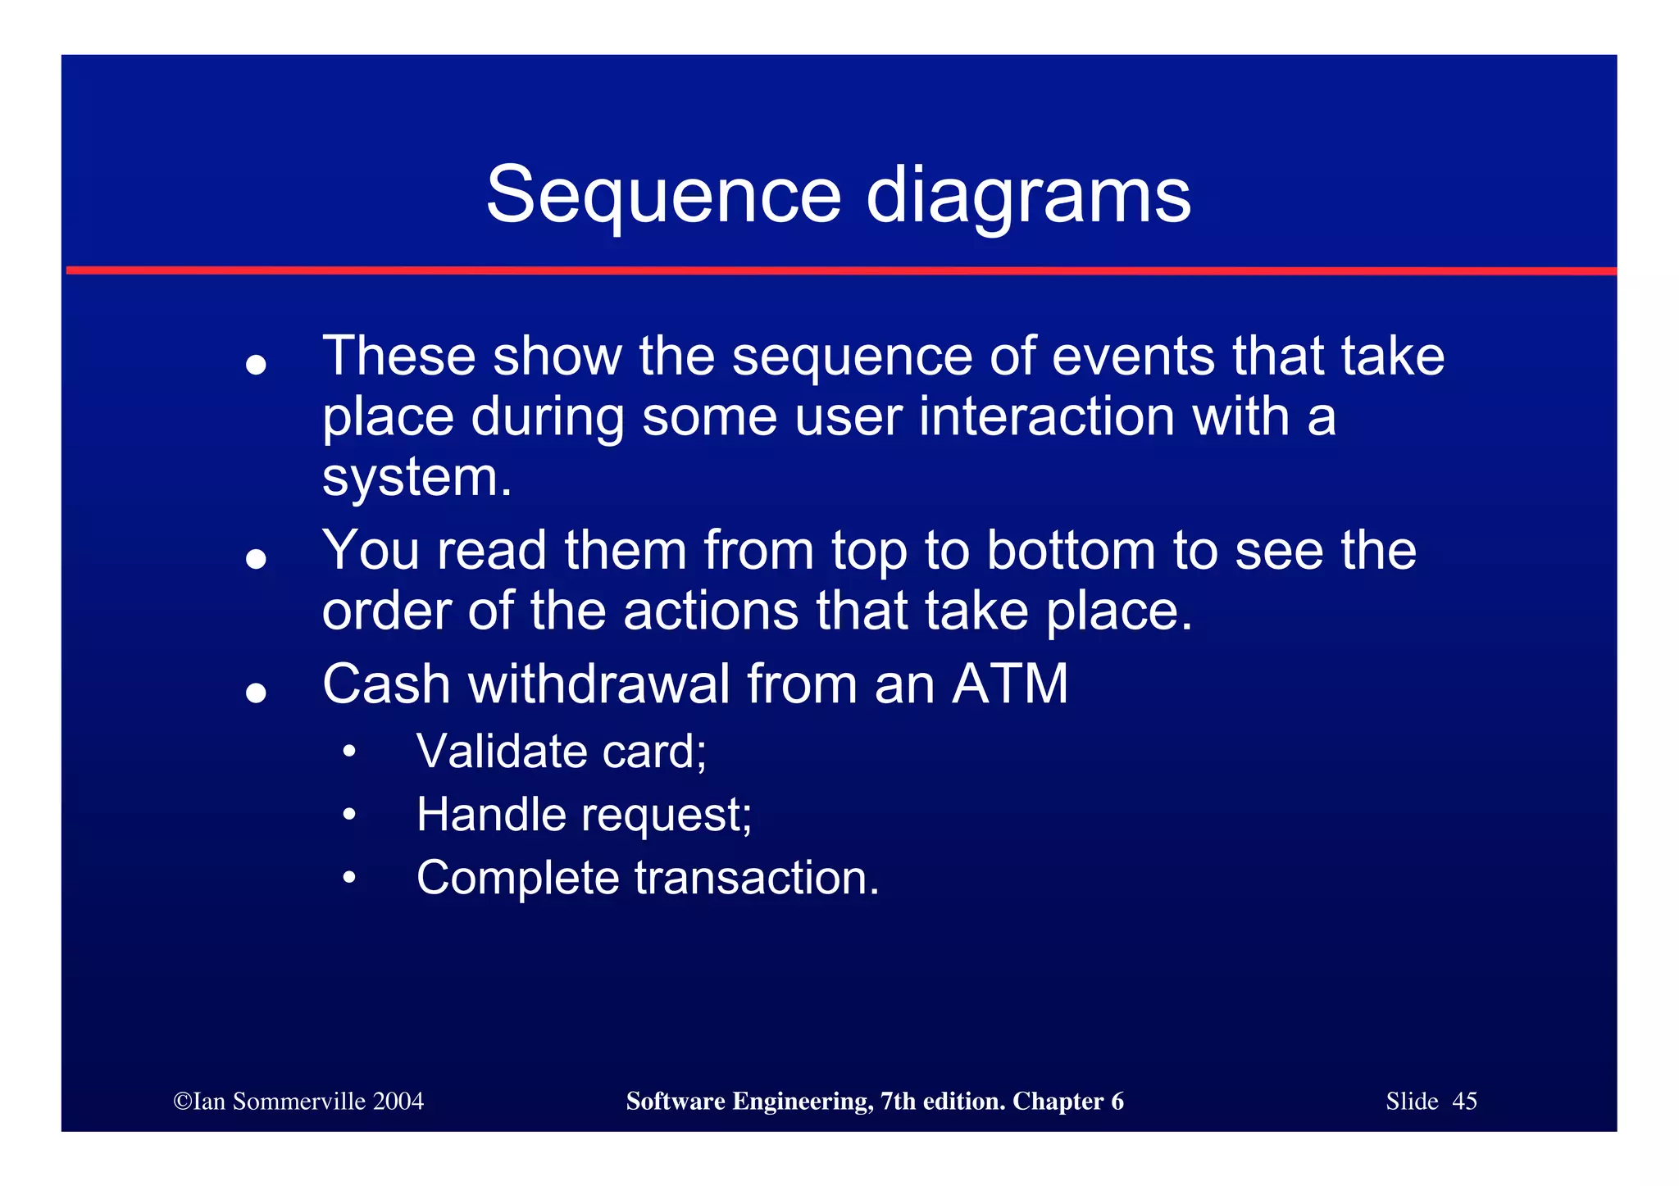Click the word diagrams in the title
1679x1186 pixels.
tap(1028, 197)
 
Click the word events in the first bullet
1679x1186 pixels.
tap(1133, 357)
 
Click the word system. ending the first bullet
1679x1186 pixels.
tap(416, 477)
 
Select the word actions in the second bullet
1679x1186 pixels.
tap(711, 611)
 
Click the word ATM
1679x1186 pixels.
tap(1010, 684)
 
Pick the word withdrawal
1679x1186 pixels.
tap(598, 684)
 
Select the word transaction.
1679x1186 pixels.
tap(757, 878)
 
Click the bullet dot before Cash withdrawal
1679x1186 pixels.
tap(257, 693)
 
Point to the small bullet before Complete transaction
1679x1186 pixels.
tap(349, 879)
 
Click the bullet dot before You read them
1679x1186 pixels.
tap(257, 559)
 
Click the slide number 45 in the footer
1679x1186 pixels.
tap(1464, 1101)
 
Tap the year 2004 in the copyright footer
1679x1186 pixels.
tap(398, 1101)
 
